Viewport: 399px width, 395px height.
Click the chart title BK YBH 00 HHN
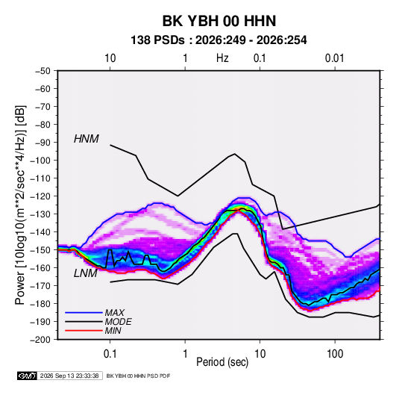point(219,21)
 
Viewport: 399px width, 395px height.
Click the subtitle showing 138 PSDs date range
point(219,40)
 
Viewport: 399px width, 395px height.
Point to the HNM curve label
point(87,139)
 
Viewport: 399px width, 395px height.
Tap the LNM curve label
point(86,273)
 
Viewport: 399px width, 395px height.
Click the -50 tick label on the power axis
point(43,71)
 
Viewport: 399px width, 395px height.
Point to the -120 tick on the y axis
point(40,196)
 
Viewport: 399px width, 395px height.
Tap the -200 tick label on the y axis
point(40,340)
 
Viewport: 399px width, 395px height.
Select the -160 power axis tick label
point(40,268)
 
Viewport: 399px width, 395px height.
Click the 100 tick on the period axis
point(335,354)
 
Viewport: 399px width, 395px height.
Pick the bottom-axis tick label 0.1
point(110,354)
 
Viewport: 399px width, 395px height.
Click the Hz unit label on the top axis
point(222,58)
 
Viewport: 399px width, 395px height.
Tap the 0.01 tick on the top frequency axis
point(335,58)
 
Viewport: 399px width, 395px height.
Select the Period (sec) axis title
point(222,362)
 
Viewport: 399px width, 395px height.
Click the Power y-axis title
point(20,205)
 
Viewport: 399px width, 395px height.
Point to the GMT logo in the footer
point(27,376)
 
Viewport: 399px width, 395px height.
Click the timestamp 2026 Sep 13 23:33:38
point(69,376)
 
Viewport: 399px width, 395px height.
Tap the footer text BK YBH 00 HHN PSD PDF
point(138,376)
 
